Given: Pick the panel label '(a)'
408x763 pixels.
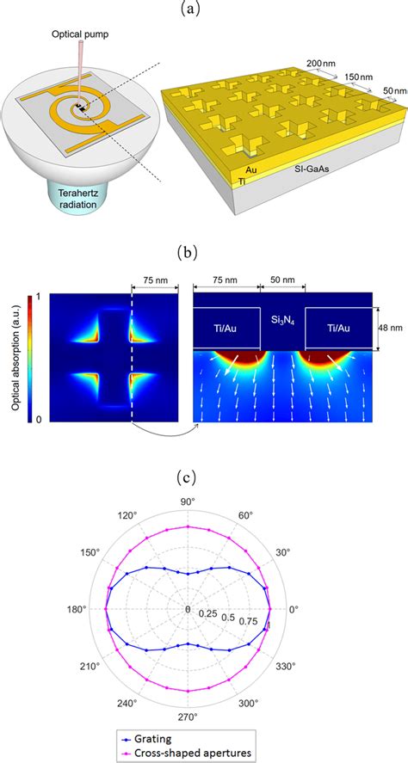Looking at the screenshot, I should point(203,9).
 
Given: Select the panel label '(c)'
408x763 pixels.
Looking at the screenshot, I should point(203,491).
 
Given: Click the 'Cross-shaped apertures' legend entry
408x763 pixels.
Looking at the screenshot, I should point(182,751).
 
